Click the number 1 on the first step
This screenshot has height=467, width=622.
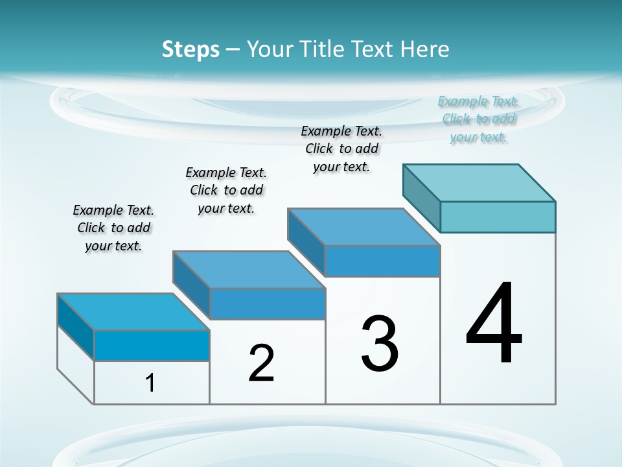click(x=150, y=383)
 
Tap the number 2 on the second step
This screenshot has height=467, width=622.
click(x=261, y=363)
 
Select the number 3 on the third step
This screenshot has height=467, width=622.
click(x=380, y=344)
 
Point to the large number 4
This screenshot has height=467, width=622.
click(x=494, y=324)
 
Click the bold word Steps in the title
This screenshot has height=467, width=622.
click(x=190, y=49)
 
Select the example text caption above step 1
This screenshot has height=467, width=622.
click(x=113, y=228)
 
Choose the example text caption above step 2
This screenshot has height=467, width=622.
click(x=226, y=190)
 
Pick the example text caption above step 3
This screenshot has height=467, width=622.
click(x=341, y=149)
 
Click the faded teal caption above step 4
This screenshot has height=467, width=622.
click(x=478, y=119)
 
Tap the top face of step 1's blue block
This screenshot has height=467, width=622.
click(x=133, y=312)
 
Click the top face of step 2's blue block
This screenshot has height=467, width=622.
click(x=249, y=270)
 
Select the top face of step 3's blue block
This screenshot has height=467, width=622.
click(x=364, y=227)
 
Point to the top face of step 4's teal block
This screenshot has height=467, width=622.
click(x=479, y=183)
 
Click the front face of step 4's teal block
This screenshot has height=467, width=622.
click(x=498, y=217)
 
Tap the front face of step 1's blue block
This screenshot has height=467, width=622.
click(x=152, y=345)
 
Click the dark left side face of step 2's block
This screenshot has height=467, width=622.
click(x=191, y=285)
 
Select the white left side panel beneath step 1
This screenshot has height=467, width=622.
click(x=76, y=364)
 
